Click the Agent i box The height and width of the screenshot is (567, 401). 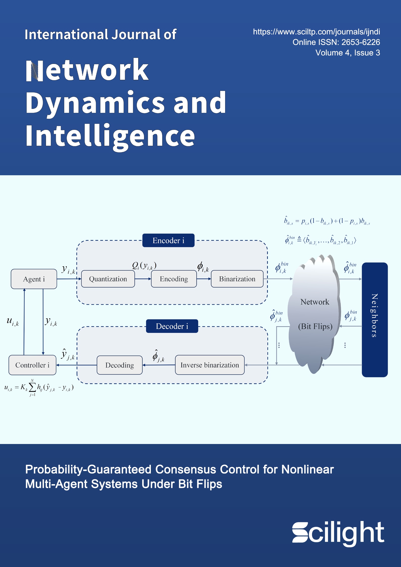point(34,279)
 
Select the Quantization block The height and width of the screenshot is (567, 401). point(108,279)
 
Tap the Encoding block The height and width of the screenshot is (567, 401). point(174,279)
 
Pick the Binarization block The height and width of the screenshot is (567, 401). point(237,279)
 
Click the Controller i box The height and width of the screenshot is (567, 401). point(32,365)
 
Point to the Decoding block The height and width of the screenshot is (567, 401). point(120,365)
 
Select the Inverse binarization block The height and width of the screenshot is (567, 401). point(210,365)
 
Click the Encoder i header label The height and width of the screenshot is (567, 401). point(168,240)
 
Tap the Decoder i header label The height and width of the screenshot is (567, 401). point(172,326)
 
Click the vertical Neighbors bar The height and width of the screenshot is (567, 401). point(374,319)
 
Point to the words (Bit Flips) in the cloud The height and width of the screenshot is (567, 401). point(315,326)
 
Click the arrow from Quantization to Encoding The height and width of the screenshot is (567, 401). point(143,279)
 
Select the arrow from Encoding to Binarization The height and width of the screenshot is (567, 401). point(204,279)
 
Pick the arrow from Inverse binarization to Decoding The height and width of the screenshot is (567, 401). point(159,365)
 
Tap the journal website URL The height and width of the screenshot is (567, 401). point(316,32)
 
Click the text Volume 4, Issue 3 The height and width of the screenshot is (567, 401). point(347,53)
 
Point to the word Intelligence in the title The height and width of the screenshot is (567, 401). point(110,136)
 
